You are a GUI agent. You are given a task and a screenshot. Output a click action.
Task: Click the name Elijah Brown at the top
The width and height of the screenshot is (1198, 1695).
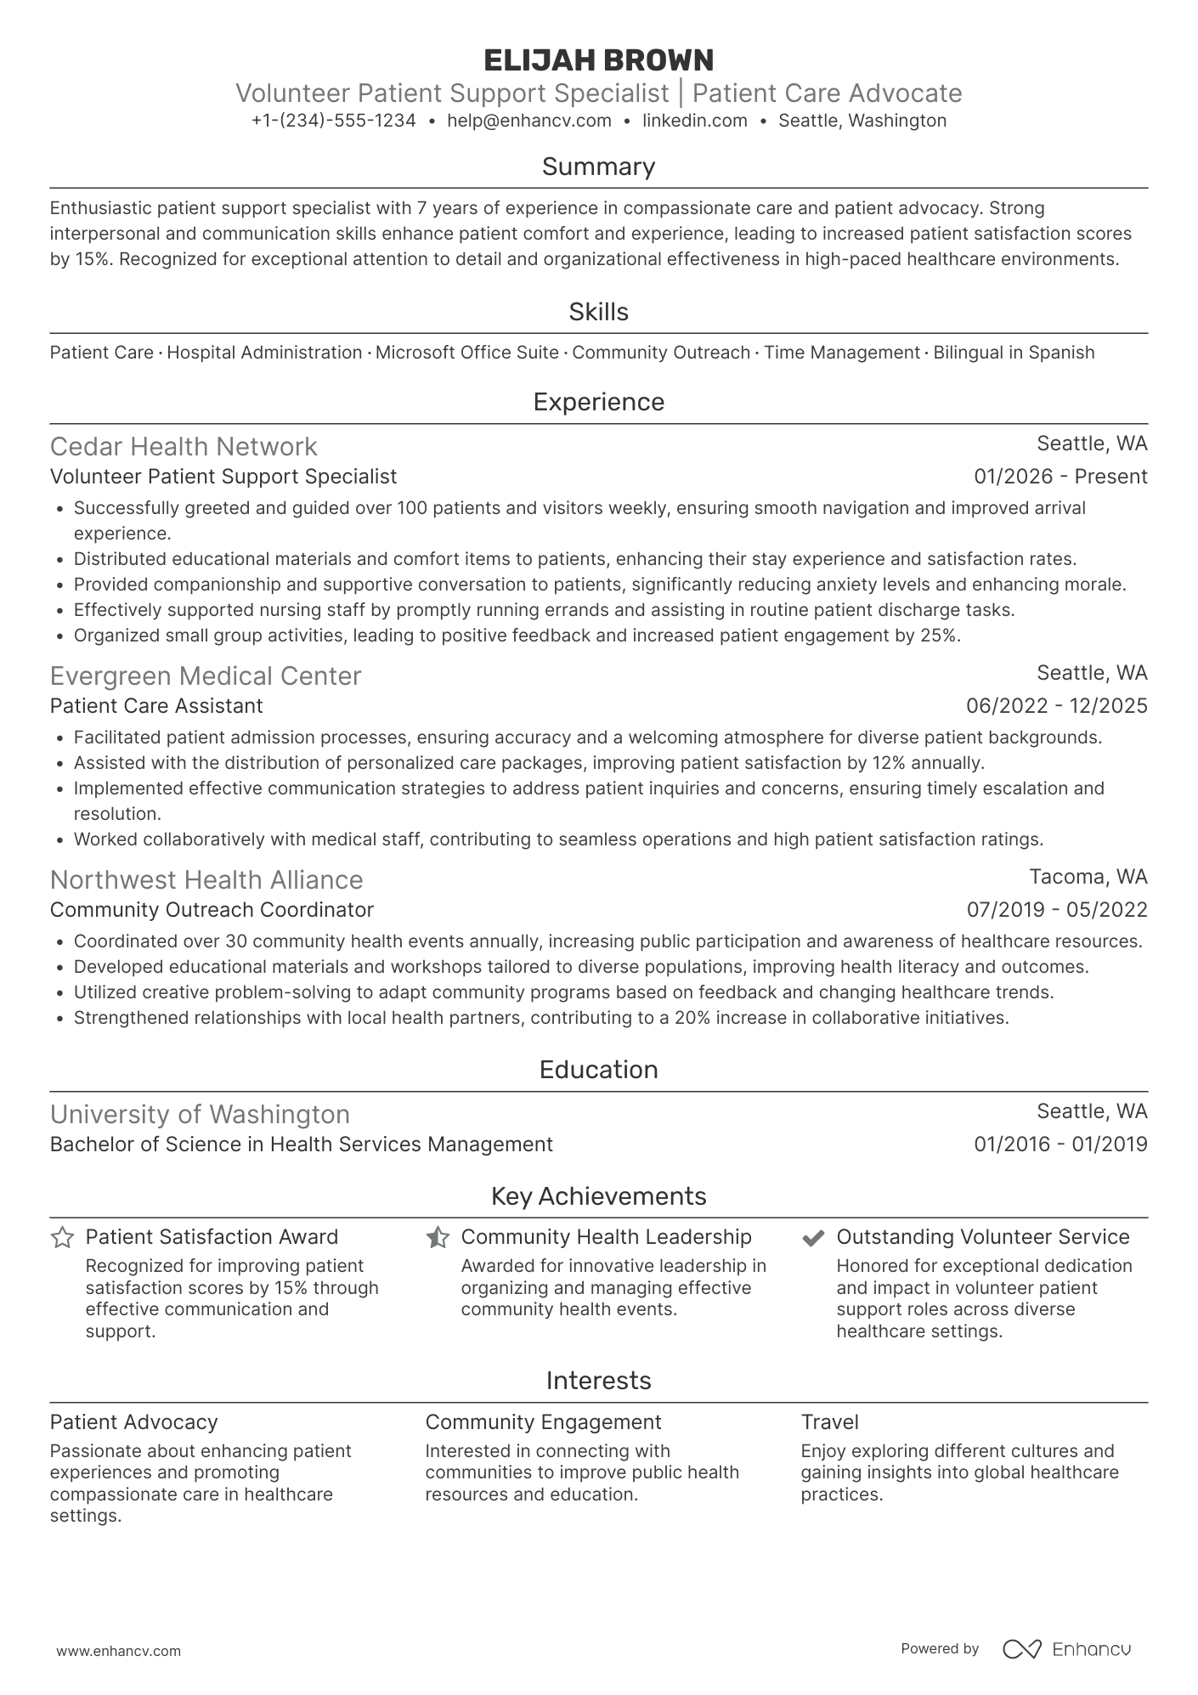598,60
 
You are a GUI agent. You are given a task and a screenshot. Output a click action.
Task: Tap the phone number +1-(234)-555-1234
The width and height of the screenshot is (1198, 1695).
333,121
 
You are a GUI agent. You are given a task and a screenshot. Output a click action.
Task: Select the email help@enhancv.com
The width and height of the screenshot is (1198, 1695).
528,121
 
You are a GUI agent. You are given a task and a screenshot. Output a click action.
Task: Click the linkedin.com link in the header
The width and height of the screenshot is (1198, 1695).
694,121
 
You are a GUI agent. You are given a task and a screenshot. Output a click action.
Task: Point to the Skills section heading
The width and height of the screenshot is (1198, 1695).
598,312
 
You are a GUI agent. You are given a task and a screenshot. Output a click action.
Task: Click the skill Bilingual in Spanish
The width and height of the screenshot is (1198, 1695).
1013,353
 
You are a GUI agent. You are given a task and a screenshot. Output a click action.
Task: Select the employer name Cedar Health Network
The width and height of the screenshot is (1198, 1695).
184,447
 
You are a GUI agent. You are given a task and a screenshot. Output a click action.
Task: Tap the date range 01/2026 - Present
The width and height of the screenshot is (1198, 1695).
1060,477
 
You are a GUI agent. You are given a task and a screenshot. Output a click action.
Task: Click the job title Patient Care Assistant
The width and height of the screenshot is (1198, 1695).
156,706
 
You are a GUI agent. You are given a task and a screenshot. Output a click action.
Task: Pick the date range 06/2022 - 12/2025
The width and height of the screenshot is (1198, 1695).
1056,706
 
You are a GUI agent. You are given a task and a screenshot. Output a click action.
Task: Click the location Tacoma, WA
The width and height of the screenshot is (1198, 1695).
1088,877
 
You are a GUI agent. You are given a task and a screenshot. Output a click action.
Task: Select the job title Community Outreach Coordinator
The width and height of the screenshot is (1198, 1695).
212,910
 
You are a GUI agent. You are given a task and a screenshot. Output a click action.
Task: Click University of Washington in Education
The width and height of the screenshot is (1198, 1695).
200,1115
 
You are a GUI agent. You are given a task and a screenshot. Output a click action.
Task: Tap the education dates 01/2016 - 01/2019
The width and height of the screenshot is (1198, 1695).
1060,1144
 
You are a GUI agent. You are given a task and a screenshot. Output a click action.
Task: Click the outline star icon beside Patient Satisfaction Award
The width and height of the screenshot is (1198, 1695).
62,1238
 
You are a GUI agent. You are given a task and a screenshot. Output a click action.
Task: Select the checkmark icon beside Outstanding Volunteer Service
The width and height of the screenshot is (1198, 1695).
813,1238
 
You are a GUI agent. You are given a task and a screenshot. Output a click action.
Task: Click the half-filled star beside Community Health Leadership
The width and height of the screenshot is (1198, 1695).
438,1238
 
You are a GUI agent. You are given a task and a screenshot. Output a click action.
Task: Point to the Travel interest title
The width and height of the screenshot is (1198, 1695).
829,1422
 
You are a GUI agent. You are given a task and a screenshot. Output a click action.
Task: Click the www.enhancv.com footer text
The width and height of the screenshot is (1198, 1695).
118,1652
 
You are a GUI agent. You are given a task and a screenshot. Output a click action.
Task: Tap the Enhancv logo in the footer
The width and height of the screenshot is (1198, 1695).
1067,1649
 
